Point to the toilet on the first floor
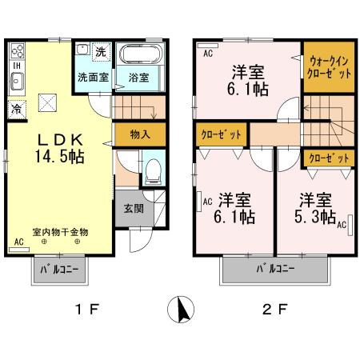click(153, 170)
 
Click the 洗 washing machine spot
click(101, 52)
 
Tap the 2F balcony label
click(274, 270)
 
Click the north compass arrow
click(182, 307)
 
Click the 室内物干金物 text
click(60, 231)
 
